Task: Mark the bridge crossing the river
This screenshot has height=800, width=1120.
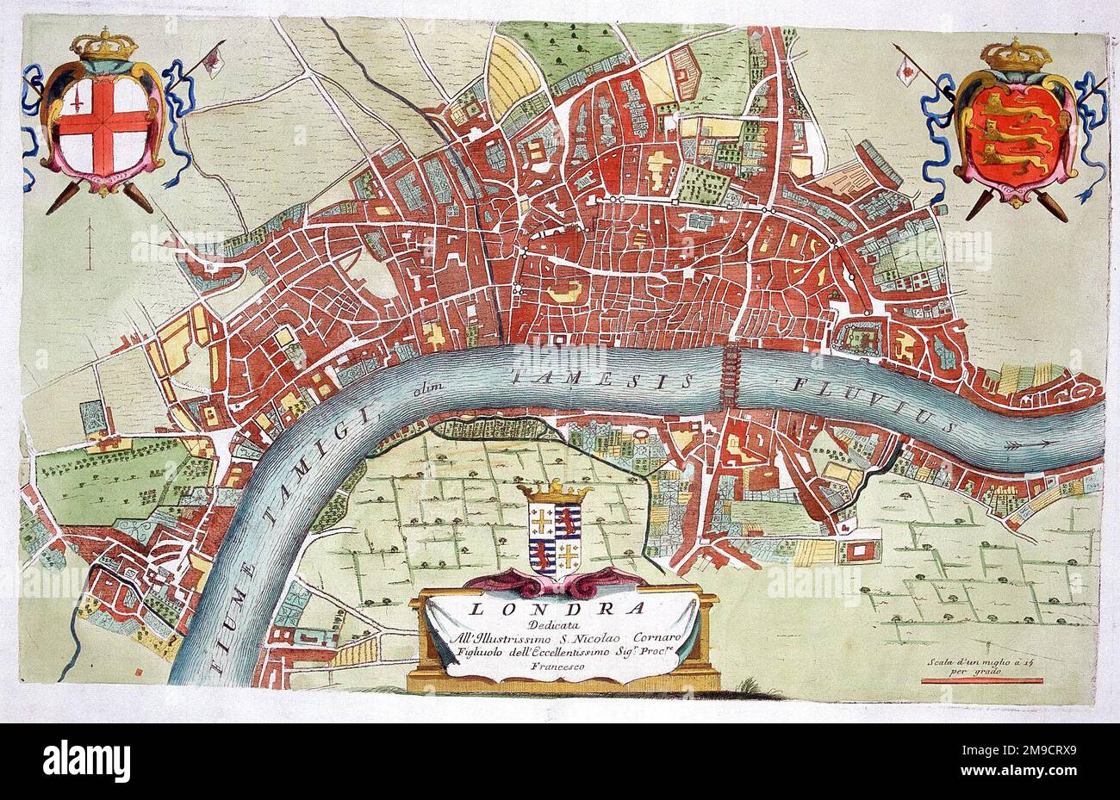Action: pos(730,376)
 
